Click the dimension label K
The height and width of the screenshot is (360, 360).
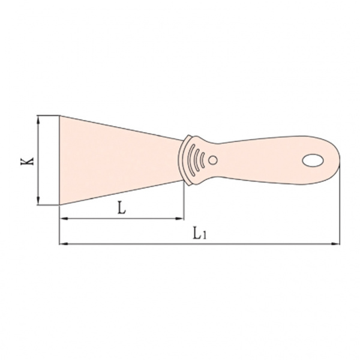[x=27, y=161]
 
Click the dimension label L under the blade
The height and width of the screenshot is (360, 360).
[x=122, y=208]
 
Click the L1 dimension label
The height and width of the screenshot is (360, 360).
[x=200, y=233]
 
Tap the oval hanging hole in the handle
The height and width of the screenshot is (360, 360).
[x=313, y=160]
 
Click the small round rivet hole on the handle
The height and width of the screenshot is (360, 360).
[x=213, y=160]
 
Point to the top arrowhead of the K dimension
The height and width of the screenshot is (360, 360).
[x=38, y=120]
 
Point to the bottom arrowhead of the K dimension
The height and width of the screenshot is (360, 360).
[x=38, y=200]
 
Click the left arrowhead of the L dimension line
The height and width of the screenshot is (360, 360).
[x=64, y=218]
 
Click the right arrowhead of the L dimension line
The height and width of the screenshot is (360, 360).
[x=179, y=218]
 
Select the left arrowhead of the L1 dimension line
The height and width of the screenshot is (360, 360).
[x=64, y=244]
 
